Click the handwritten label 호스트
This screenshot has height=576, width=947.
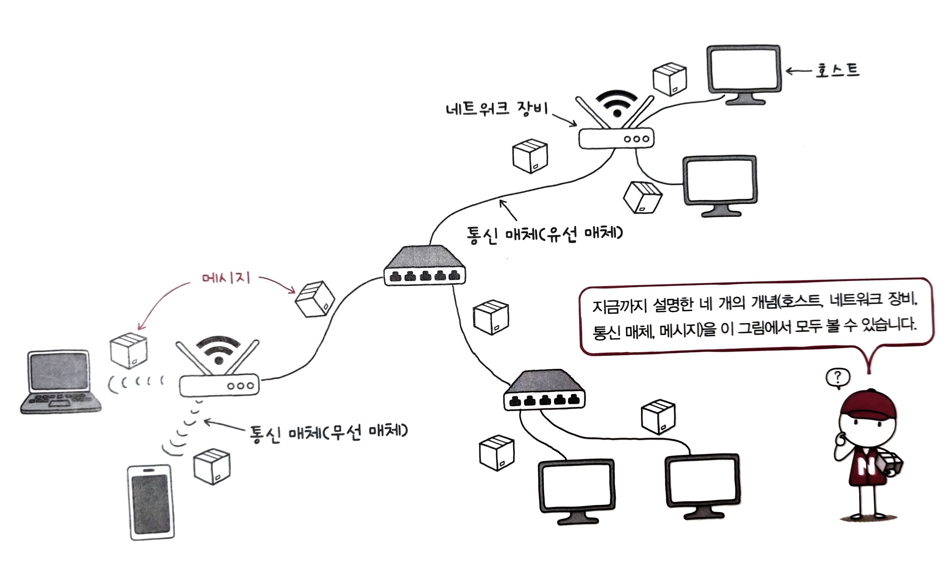837,70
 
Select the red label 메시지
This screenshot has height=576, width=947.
226,277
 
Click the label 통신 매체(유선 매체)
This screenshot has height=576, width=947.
544,234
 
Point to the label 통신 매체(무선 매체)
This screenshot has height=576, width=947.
328,432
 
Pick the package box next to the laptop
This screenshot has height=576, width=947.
129,350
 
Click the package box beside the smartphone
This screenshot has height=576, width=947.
212,466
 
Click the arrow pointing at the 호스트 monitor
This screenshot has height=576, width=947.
798,71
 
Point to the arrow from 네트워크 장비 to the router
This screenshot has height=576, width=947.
565,119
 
